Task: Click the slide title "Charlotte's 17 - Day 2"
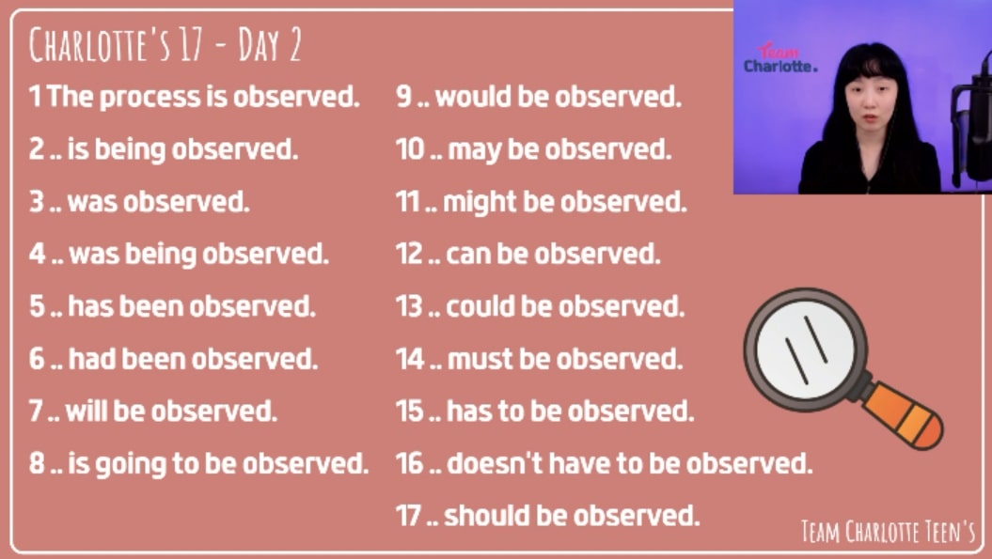[x=165, y=44]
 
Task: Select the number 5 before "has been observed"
[x=37, y=306]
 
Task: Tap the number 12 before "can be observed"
[x=409, y=255]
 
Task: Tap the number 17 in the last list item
[x=408, y=516]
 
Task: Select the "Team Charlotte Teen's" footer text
[x=889, y=532]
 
